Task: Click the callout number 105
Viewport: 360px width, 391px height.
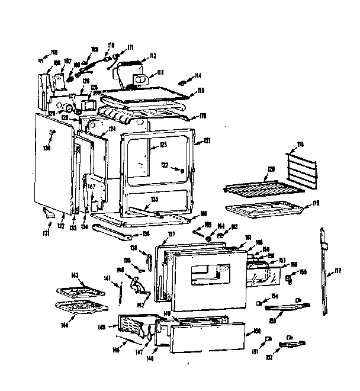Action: (x=55, y=52)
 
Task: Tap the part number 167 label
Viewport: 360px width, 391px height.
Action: (x=91, y=187)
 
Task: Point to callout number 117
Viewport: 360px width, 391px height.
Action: (x=338, y=272)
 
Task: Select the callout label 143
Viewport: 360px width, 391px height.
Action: (x=75, y=275)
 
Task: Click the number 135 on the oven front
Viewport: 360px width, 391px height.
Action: (x=154, y=200)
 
